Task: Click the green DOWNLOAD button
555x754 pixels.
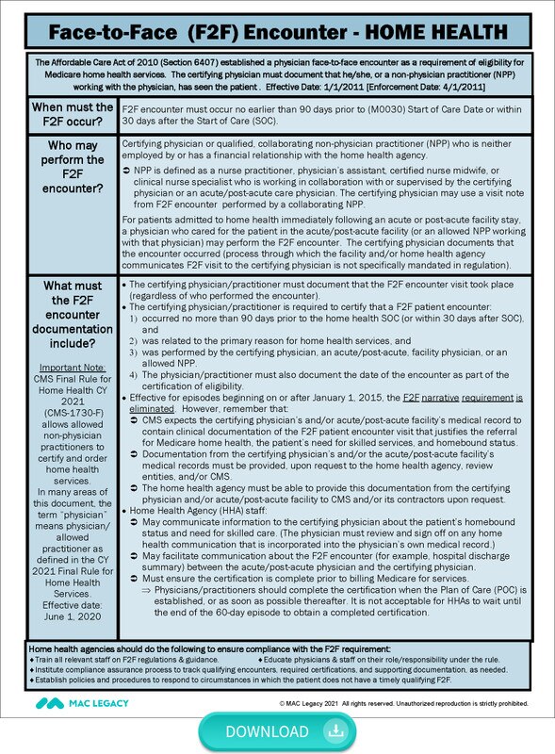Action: (277, 730)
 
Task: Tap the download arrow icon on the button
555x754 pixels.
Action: (333, 731)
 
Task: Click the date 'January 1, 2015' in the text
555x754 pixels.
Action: (302, 398)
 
